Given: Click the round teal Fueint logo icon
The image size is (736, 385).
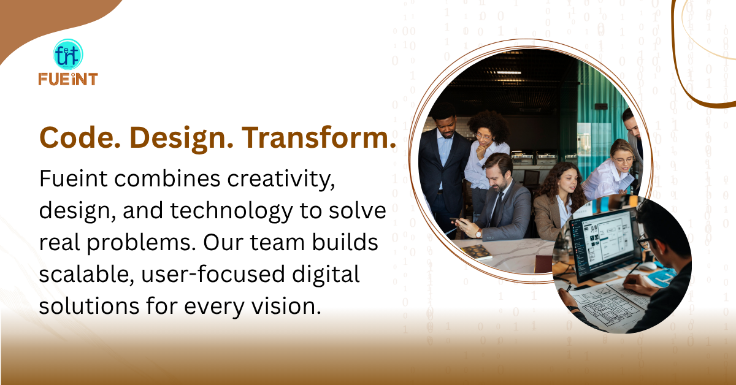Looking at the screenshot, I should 68,54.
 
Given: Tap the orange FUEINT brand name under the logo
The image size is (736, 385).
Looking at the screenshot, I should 68,79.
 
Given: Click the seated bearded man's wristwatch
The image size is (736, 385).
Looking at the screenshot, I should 479,234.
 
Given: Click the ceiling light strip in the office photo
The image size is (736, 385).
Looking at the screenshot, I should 508,72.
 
